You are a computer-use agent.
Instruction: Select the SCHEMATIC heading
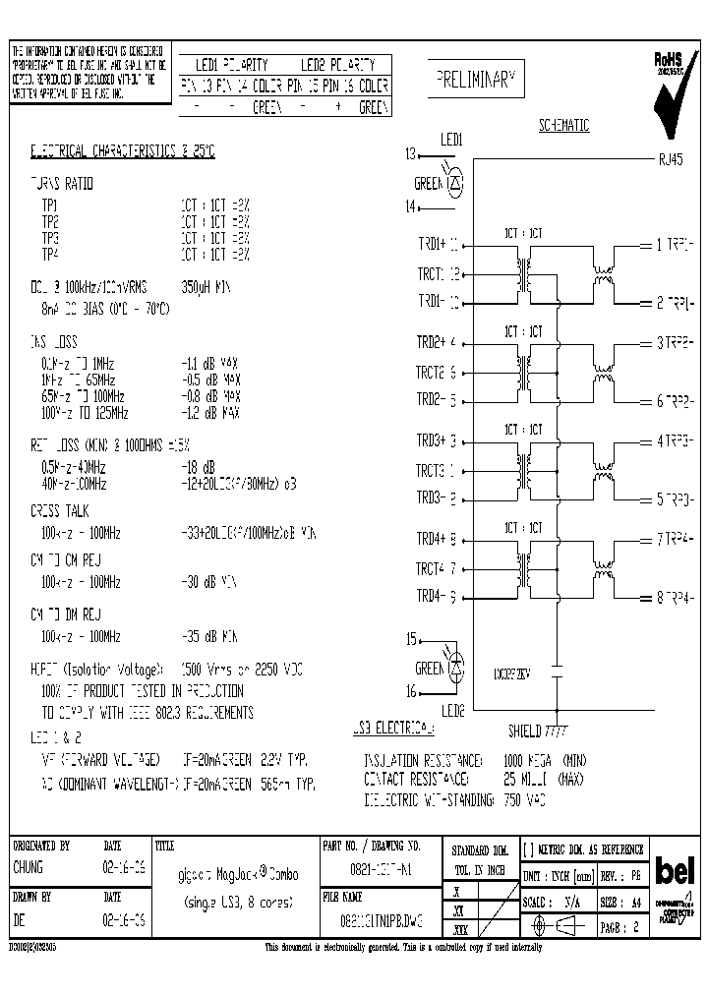(x=563, y=126)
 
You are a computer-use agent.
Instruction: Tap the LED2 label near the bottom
(x=453, y=710)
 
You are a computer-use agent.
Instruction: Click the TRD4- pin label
(x=433, y=596)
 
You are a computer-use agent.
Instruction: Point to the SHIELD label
(x=525, y=731)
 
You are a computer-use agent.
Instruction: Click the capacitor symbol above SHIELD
(x=557, y=674)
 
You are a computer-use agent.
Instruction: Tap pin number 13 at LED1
(x=411, y=153)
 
